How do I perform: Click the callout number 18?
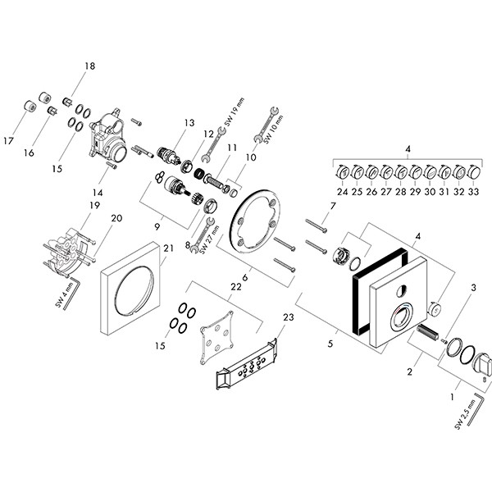89,66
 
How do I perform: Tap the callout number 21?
168,248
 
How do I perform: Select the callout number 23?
289,317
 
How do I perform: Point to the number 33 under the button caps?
473,191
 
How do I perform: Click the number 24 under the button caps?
343,191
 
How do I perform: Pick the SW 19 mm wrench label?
235,112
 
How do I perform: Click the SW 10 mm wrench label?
273,130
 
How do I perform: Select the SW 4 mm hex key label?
65,294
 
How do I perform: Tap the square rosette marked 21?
130,288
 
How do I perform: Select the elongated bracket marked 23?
247,364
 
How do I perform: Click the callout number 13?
189,123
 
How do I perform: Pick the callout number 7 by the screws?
333,206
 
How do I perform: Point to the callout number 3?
473,288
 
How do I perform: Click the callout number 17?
8,141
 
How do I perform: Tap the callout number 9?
157,226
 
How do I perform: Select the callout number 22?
236,286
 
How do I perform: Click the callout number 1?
452,397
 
